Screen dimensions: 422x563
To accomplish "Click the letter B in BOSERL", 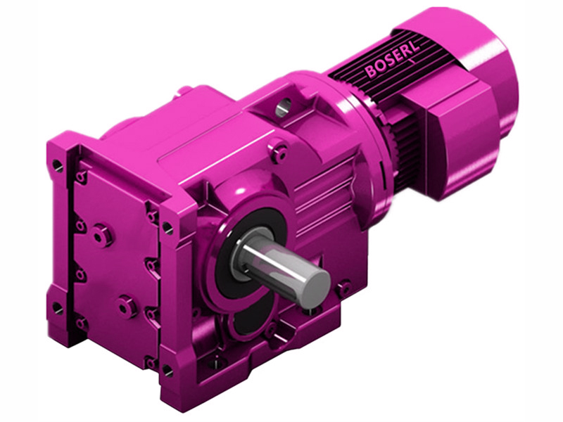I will tap(371, 72).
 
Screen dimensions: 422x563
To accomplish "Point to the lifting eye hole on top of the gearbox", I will tap(282, 108).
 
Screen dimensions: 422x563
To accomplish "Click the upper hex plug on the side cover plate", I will tap(102, 234).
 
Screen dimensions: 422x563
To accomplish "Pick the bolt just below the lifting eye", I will tap(279, 150).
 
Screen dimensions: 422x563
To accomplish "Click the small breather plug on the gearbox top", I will tap(184, 90).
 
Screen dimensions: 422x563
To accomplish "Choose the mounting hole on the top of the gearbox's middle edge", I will tap(167, 226).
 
